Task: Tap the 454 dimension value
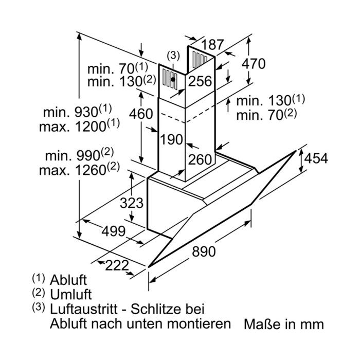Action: tap(316, 158)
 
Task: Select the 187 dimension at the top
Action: tap(212, 45)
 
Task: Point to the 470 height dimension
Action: tap(254, 64)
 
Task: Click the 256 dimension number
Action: tap(200, 81)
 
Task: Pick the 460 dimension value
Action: tap(141, 114)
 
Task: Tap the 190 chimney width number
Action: tap(171, 139)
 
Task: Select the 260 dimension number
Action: tap(200, 159)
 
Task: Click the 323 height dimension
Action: tap(132, 203)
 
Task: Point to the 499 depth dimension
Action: tap(114, 231)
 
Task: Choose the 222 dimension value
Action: tap(117, 266)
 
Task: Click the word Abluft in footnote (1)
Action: tap(68, 280)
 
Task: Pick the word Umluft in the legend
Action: tap(71, 294)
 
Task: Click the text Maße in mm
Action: tap(284, 324)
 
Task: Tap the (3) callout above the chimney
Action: tap(173, 56)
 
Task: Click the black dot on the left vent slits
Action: tap(173, 79)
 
